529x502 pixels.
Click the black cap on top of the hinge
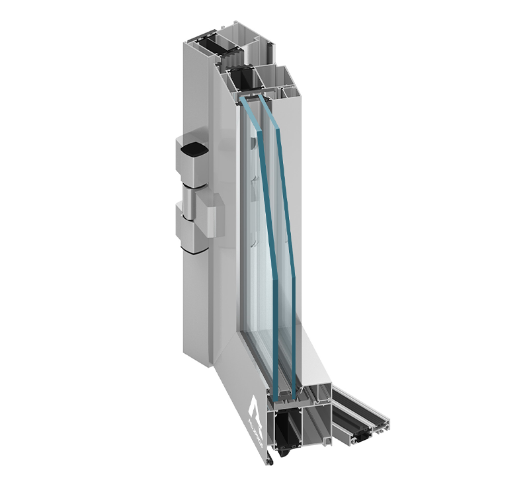pos(192,150)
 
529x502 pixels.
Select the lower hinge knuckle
pos(192,231)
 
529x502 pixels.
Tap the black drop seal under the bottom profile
pos(285,454)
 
